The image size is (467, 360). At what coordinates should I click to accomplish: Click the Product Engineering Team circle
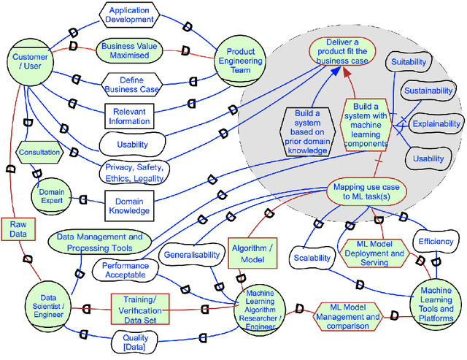point(240,59)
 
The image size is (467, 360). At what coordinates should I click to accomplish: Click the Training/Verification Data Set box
point(139,305)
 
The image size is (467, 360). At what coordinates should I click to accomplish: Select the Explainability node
point(436,124)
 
